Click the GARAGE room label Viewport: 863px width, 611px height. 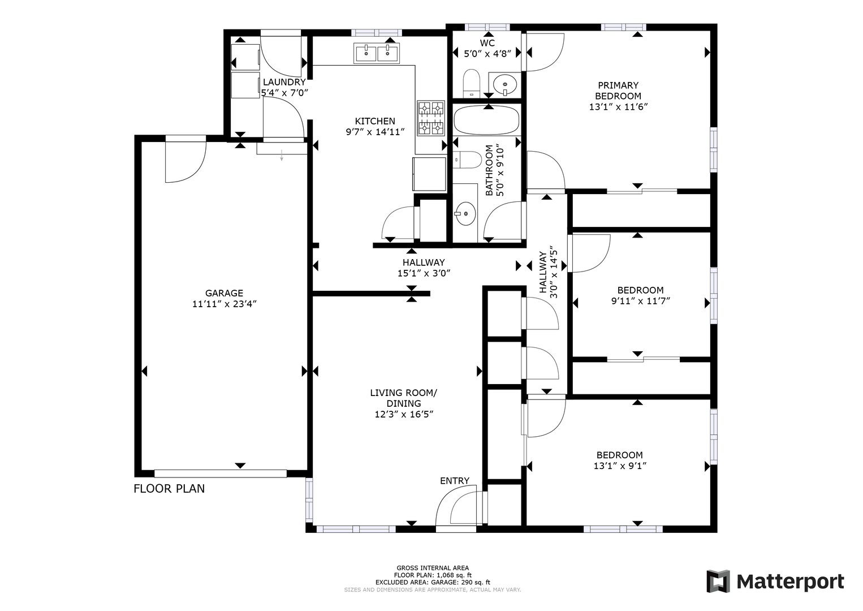click(x=224, y=293)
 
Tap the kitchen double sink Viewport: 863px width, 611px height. click(x=377, y=53)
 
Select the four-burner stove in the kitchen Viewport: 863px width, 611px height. click(x=431, y=118)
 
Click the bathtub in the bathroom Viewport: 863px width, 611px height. click(x=486, y=120)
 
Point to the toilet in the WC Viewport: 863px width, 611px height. click(x=471, y=84)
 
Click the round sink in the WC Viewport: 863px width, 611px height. click(x=505, y=84)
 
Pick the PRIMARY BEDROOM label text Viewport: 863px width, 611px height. click(x=618, y=91)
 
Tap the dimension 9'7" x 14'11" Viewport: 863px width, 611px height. click(x=375, y=132)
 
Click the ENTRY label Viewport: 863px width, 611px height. click(x=455, y=481)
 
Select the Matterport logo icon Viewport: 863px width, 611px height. click(x=718, y=581)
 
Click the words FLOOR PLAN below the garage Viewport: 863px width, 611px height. click(x=169, y=489)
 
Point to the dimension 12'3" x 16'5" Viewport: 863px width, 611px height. click(x=404, y=414)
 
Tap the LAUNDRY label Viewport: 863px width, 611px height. click(x=284, y=82)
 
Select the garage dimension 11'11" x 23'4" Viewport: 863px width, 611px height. click(x=224, y=304)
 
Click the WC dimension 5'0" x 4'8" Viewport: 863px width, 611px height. click(x=487, y=54)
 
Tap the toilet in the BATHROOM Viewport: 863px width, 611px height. click(x=467, y=160)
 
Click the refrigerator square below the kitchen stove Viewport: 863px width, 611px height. click(x=429, y=174)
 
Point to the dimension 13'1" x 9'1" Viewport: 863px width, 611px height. click(x=619, y=466)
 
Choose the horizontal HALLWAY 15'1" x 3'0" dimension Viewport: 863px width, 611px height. click(x=424, y=273)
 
